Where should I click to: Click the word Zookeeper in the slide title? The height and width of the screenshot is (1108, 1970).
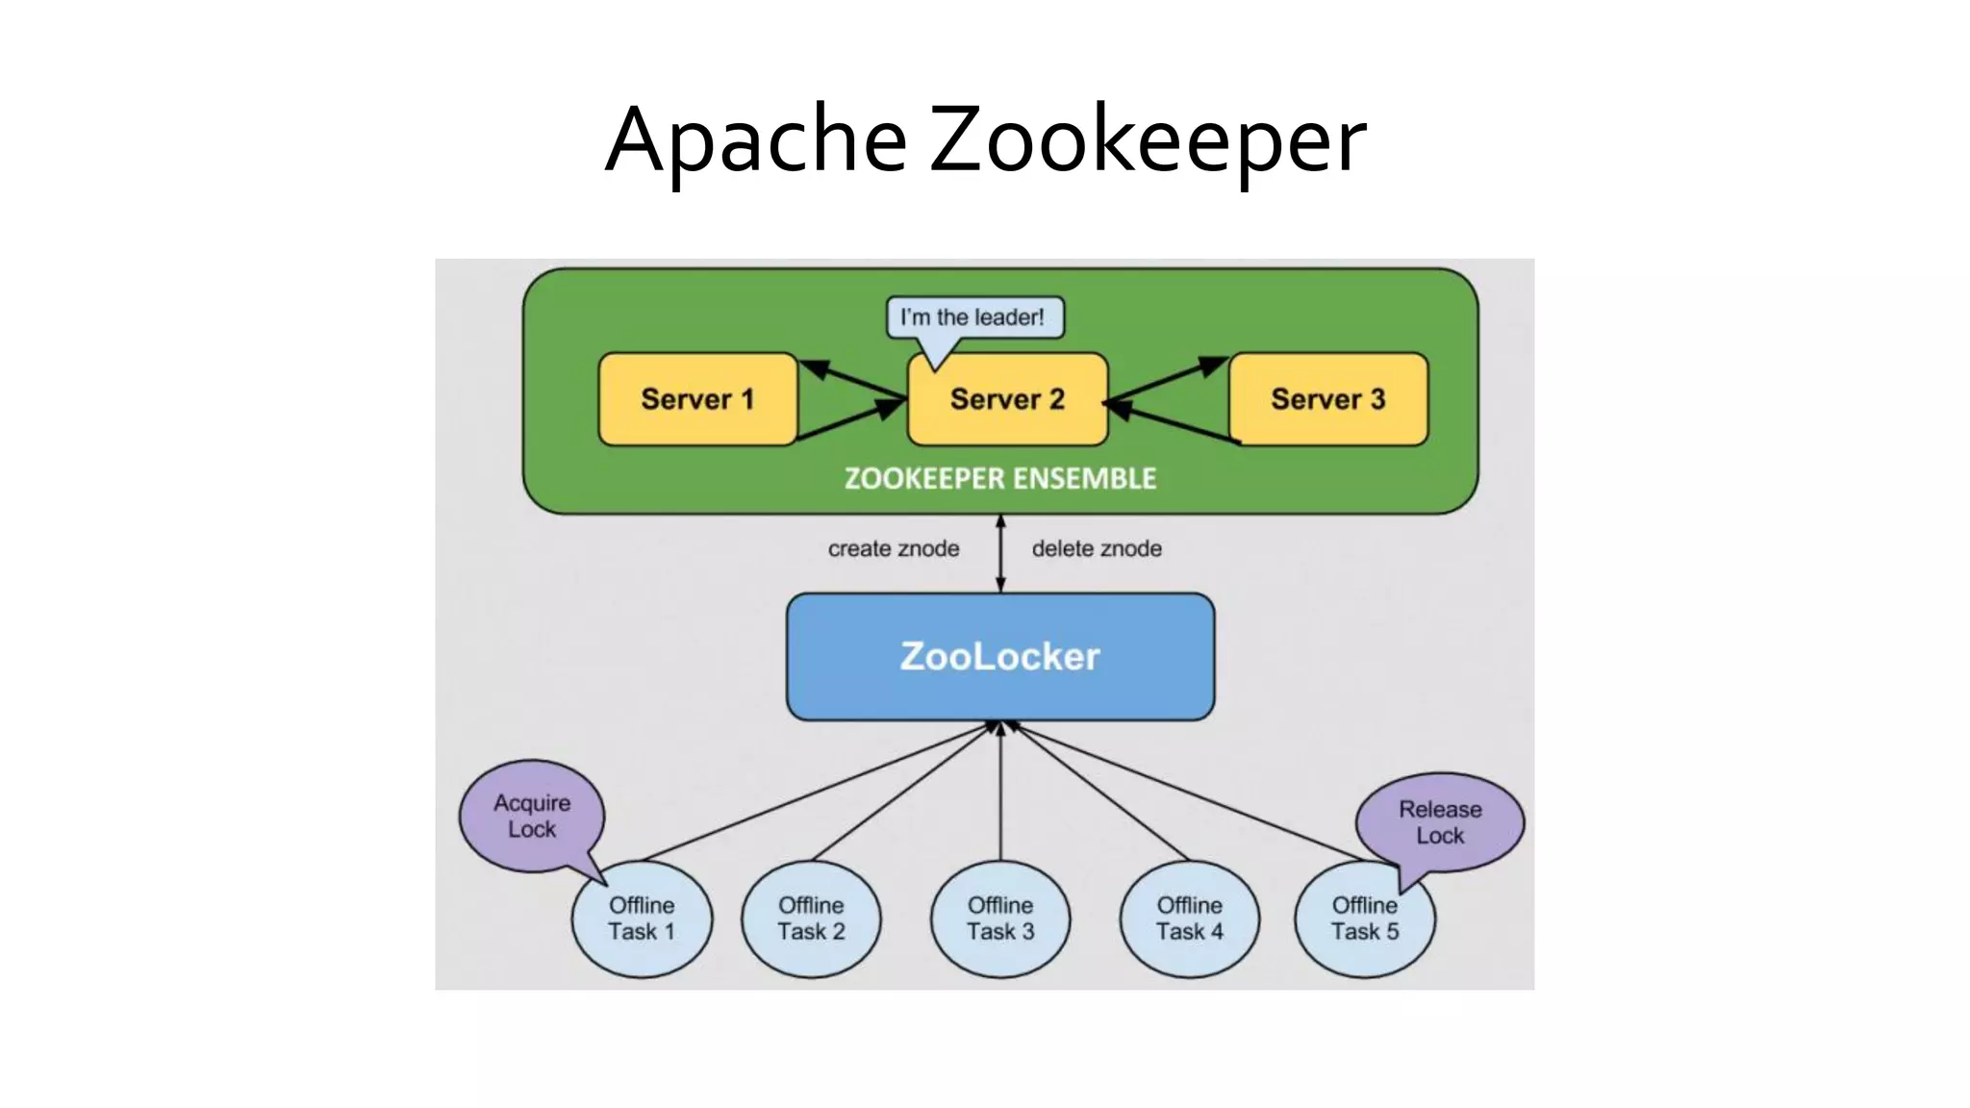[1147, 139]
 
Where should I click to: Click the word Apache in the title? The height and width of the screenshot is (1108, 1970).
[756, 139]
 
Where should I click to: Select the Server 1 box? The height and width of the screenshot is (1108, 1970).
[697, 399]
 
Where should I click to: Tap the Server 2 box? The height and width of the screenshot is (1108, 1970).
[1007, 399]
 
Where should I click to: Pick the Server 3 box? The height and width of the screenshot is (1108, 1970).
[1328, 399]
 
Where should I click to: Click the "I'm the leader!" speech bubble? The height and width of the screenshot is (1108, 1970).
[973, 317]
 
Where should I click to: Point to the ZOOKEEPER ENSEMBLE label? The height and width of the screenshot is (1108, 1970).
[999, 479]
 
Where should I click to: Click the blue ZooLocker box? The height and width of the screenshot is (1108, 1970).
[999, 656]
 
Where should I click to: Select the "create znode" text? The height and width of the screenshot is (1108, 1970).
[894, 548]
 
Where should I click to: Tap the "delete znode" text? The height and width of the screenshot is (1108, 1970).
[1097, 548]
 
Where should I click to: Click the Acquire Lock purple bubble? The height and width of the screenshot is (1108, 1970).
[532, 816]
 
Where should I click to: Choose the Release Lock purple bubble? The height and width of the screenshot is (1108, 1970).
[1440, 822]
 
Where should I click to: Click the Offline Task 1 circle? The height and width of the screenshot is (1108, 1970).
[642, 919]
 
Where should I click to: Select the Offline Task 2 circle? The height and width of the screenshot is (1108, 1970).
[811, 919]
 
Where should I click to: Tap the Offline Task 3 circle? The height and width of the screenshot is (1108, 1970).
[1000, 919]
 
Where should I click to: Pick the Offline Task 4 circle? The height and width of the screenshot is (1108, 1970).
[1190, 919]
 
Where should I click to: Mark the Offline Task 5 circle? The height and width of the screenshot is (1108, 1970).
[1364, 919]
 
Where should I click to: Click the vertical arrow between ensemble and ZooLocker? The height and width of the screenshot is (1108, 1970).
[1000, 554]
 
